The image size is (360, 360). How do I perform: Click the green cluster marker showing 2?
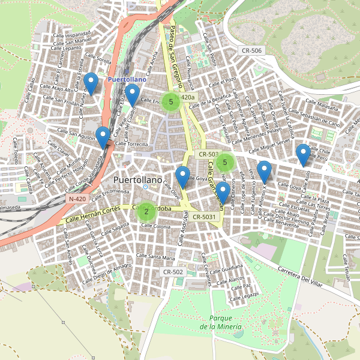click(x=146, y=211)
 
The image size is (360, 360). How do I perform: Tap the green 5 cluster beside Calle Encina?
click(x=171, y=101)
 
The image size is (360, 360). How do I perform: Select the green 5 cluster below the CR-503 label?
click(x=225, y=161)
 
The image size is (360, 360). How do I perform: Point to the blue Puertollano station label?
click(x=127, y=79)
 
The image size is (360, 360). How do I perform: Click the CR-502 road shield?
click(x=173, y=272)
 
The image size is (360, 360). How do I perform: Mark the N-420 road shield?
click(x=77, y=199)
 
